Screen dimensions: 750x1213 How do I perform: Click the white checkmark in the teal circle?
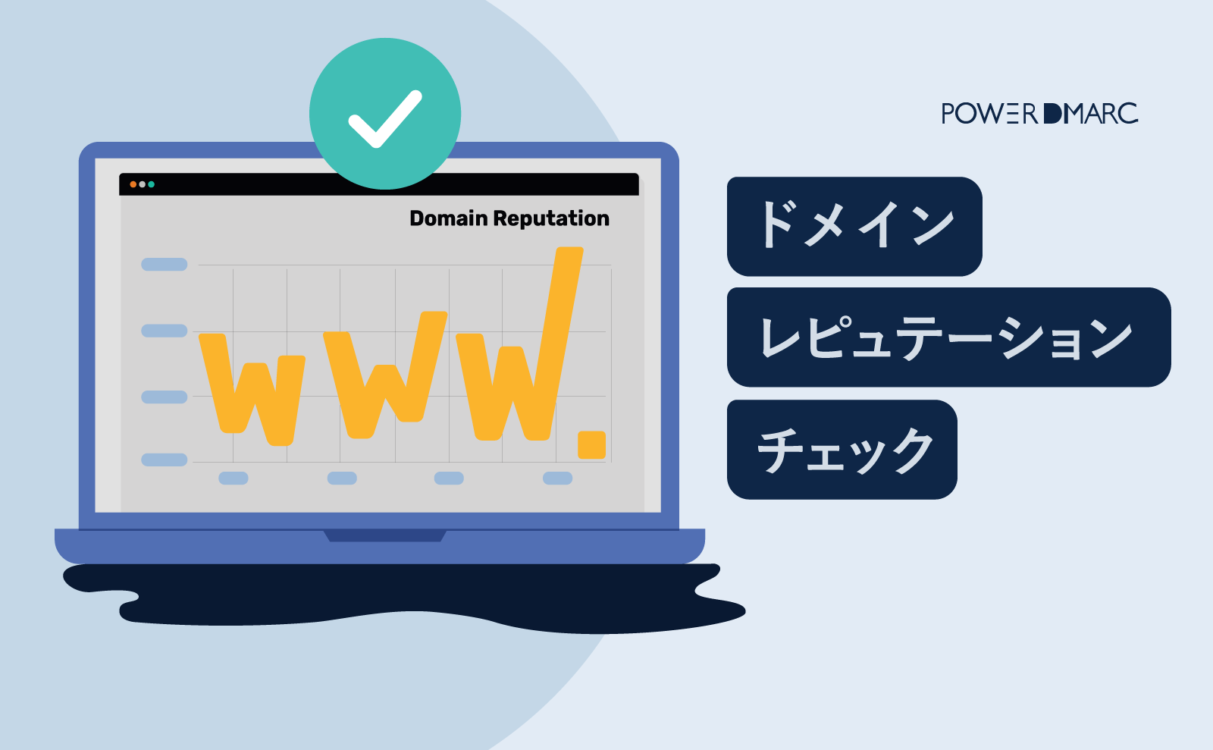[384, 119]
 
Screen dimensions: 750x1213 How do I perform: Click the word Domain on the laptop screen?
[448, 218]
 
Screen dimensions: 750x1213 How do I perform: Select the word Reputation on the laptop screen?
[551, 218]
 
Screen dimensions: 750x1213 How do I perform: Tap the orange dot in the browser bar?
[133, 184]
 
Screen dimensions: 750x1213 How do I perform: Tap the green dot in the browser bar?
[151, 184]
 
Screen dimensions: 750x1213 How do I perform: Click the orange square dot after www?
[591, 444]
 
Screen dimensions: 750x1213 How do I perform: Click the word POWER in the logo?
[989, 114]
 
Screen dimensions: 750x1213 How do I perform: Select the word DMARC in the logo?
[1091, 114]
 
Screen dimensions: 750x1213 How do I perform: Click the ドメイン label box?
[854, 226]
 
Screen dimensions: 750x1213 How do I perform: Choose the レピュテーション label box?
[948, 337]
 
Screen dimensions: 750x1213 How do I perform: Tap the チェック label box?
[842, 449]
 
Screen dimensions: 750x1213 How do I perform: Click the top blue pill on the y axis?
[165, 264]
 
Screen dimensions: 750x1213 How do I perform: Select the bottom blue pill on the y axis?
[165, 460]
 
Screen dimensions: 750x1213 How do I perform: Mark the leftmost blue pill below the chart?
[234, 478]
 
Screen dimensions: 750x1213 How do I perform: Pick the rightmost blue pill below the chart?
[557, 478]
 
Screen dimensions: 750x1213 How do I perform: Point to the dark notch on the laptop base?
[385, 536]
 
